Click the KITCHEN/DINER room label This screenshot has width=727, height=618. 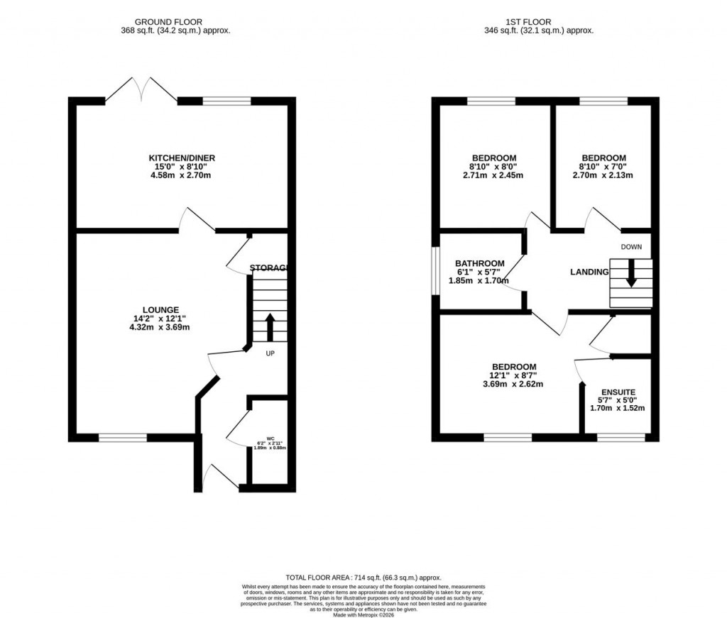click(182, 158)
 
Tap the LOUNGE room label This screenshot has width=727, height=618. click(160, 309)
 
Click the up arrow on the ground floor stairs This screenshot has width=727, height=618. click(270, 327)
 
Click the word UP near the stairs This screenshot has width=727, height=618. click(270, 353)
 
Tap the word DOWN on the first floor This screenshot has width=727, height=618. click(630, 247)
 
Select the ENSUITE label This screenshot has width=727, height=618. click(618, 392)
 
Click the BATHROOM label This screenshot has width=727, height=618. click(480, 263)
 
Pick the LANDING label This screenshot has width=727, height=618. click(589, 272)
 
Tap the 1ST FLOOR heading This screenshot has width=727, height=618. click(545, 22)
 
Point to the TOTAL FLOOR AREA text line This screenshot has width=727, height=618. click(363, 578)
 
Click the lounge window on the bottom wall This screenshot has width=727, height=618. click(122, 438)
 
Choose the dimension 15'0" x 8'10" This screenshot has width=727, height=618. click(181, 167)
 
